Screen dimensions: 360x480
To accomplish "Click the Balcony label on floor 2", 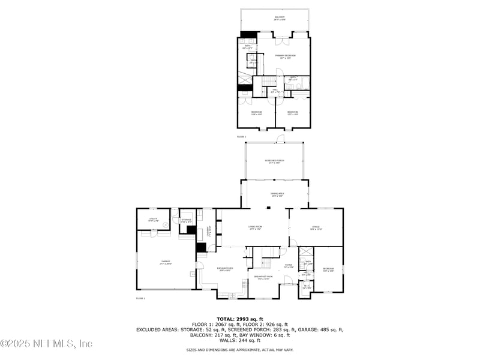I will click(280, 19).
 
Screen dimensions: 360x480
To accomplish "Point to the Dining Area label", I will click(277, 194).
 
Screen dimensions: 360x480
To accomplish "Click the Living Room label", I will click(256, 228).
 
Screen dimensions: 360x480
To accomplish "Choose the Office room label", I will click(316, 228).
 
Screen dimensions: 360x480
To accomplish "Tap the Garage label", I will click(165, 262).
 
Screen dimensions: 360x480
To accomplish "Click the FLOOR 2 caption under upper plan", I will click(241, 137).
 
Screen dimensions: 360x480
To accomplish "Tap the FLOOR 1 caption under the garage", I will click(140, 298).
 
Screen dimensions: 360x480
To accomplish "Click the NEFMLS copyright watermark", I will click(46, 344).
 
